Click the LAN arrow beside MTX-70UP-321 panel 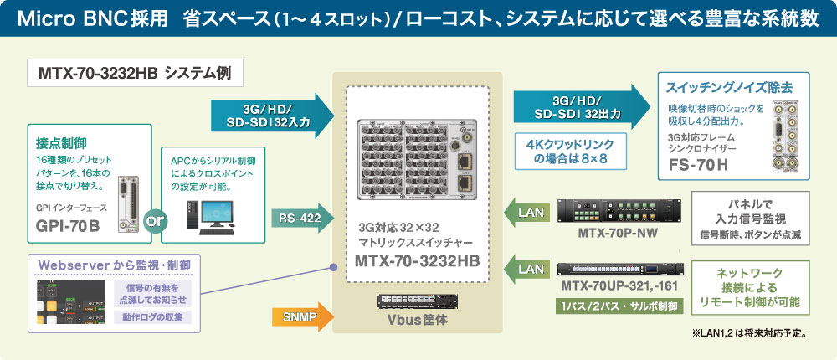point(527,270)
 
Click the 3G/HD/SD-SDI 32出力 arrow point(578,105)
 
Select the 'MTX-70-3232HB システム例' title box point(135,73)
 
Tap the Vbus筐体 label point(418,319)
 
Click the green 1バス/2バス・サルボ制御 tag point(620,306)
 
